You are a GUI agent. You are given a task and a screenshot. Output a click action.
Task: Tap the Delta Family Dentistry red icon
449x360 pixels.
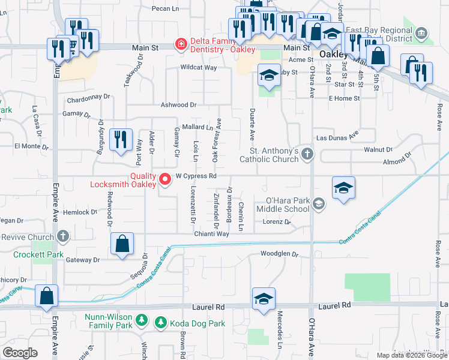pyautogui.click(x=179, y=44)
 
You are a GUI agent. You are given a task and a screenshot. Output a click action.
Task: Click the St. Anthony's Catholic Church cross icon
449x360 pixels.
pyautogui.click(x=307, y=154)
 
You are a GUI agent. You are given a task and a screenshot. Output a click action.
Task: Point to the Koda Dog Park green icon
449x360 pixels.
pyautogui.click(x=161, y=323)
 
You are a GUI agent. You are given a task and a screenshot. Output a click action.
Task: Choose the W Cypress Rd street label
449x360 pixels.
pyautogui.click(x=196, y=176)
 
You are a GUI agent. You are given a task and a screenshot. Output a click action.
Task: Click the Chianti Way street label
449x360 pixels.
pyautogui.click(x=211, y=234)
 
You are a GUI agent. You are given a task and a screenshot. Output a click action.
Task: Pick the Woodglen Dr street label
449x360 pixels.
pyautogui.click(x=279, y=254)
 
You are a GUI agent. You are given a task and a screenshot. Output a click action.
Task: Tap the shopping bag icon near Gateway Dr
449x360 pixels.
pyautogui.click(x=122, y=244)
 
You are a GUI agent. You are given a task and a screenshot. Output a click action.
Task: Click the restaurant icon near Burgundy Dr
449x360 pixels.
pyautogui.click(x=122, y=140)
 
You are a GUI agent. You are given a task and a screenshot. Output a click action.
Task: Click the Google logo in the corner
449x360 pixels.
pyautogui.click(x=20, y=353)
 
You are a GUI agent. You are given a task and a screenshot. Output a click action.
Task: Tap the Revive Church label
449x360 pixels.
pyautogui.click(x=28, y=237)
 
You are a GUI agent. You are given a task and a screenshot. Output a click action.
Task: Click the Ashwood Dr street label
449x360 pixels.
pyautogui.click(x=178, y=104)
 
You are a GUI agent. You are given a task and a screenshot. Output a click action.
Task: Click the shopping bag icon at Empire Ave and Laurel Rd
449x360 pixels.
pyautogui.click(x=46, y=295)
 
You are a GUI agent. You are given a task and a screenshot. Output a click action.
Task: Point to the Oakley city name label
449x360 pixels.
pyautogui.click(x=334, y=54)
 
